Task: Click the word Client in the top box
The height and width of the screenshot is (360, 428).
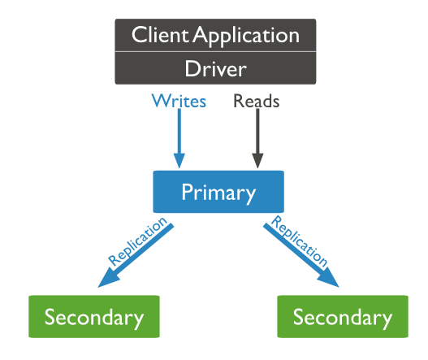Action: tap(160, 35)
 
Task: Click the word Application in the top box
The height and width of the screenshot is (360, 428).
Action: tap(246, 37)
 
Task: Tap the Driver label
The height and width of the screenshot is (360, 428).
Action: tap(216, 68)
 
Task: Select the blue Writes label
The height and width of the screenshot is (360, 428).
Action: tap(179, 101)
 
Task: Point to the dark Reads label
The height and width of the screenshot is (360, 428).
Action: tap(257, 101)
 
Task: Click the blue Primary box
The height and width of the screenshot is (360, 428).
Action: tap(218, 192)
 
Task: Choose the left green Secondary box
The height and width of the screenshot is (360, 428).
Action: tap(94, 316)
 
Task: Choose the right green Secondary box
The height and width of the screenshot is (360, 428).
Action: tap(343, 316)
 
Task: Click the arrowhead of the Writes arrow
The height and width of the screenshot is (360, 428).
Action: tap(179, 161)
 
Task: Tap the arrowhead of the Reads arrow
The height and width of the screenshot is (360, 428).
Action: tap(257, 161)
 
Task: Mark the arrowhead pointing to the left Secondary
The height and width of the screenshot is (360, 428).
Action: tap(109, 279)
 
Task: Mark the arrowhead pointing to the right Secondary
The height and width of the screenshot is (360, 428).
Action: tap(328, 279)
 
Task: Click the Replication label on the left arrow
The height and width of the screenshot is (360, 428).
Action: tap(138, 241)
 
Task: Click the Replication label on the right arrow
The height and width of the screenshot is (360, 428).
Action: tap(299, 241)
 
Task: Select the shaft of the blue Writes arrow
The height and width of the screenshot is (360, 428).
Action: tap(179, 131)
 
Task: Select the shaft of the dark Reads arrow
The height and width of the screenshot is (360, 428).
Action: tap(257, 131)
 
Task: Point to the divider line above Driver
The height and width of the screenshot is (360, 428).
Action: tap(216, 51)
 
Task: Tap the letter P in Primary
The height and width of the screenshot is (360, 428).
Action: tap(187, 192)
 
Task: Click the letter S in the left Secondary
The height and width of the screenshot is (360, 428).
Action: tap(50, 316)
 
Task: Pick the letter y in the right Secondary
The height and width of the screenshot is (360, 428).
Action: tap(387, 320)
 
